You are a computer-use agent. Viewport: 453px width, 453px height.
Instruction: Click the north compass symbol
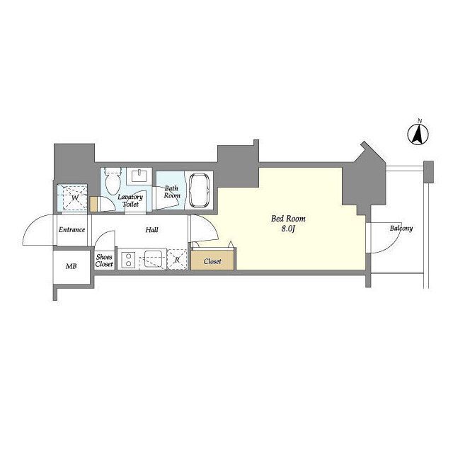(418, 133)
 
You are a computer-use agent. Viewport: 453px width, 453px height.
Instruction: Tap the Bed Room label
(288, 219)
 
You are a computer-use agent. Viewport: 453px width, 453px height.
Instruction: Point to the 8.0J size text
(288, 229)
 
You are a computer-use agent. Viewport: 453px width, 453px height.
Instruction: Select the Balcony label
(401, 228)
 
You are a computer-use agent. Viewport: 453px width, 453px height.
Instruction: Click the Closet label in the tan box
(212, 261)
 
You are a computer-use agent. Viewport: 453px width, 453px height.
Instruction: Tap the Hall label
(151, 230)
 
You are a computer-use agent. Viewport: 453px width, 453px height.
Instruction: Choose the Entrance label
(71, 229)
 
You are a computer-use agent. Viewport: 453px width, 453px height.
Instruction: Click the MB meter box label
(71, 266)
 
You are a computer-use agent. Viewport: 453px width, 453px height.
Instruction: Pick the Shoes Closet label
(104, 260)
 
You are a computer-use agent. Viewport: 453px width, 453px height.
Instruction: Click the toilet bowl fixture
(113, 181)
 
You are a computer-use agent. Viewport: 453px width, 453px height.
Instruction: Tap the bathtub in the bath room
(199, 190)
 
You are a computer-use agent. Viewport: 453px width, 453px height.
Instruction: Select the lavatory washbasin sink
(140, 175)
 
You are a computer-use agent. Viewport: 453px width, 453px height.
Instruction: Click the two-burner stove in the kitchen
(128, 260)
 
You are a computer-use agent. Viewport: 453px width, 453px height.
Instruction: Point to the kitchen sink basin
(153, 259)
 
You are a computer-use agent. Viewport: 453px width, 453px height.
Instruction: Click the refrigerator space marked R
(177, 260)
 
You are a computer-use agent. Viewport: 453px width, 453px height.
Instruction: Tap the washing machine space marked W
(72, 198)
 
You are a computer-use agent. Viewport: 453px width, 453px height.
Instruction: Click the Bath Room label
(172, 192)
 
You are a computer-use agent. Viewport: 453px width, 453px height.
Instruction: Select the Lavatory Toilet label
(130, 200)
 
